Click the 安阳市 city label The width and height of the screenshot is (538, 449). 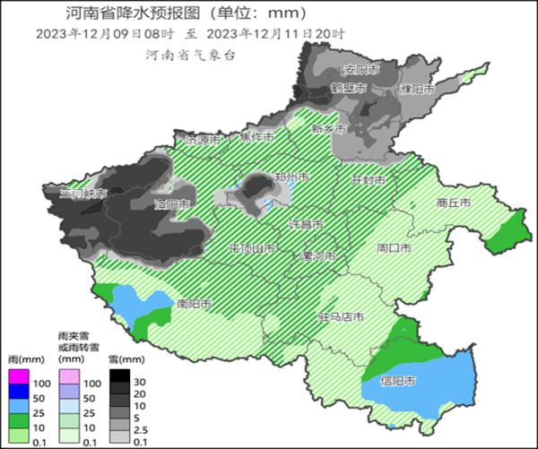point(362,69)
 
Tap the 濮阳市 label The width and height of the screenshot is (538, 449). point(417,91)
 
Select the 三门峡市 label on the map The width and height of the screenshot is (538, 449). point(83,194)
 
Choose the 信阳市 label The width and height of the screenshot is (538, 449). point(397,381)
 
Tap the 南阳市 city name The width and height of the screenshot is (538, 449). point(195,303)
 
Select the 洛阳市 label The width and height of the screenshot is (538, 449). point(172,204)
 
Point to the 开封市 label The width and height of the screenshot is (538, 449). point(368,180)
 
